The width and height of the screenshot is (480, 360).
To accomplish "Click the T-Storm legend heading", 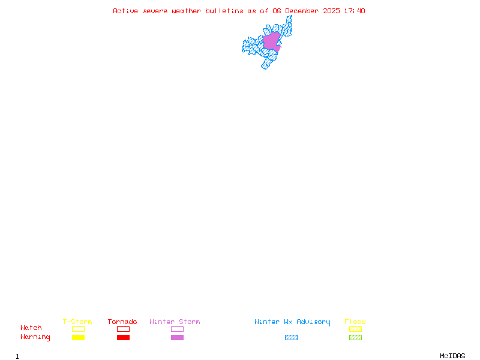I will point(77,322).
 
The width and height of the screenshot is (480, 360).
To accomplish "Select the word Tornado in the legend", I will point(122,322).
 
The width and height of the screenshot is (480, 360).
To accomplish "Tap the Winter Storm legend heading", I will point(175,322).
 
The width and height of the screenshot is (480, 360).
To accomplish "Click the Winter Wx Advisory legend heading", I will point(292,322).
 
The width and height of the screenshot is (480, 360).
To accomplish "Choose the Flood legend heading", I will point(355,322).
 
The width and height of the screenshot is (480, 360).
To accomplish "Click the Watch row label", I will point(31,328).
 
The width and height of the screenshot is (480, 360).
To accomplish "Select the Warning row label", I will point(35,337).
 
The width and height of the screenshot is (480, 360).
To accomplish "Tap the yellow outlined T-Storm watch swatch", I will point(78,329).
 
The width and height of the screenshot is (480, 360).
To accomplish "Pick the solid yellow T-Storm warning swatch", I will point(78,337).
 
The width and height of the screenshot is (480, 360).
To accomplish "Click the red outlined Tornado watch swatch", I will point(123,329).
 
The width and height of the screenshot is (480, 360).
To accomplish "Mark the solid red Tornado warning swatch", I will point(123,337).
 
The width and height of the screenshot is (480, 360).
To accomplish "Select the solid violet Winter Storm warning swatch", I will point(177,337).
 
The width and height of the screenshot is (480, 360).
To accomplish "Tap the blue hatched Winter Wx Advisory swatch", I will point(291,337).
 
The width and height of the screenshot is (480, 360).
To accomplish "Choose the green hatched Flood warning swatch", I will point(355,337).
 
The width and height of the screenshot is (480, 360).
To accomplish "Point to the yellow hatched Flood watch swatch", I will point(355,329).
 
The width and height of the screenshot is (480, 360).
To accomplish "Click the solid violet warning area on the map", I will point(271,41).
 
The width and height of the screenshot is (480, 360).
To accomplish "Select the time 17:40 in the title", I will point(355,11).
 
